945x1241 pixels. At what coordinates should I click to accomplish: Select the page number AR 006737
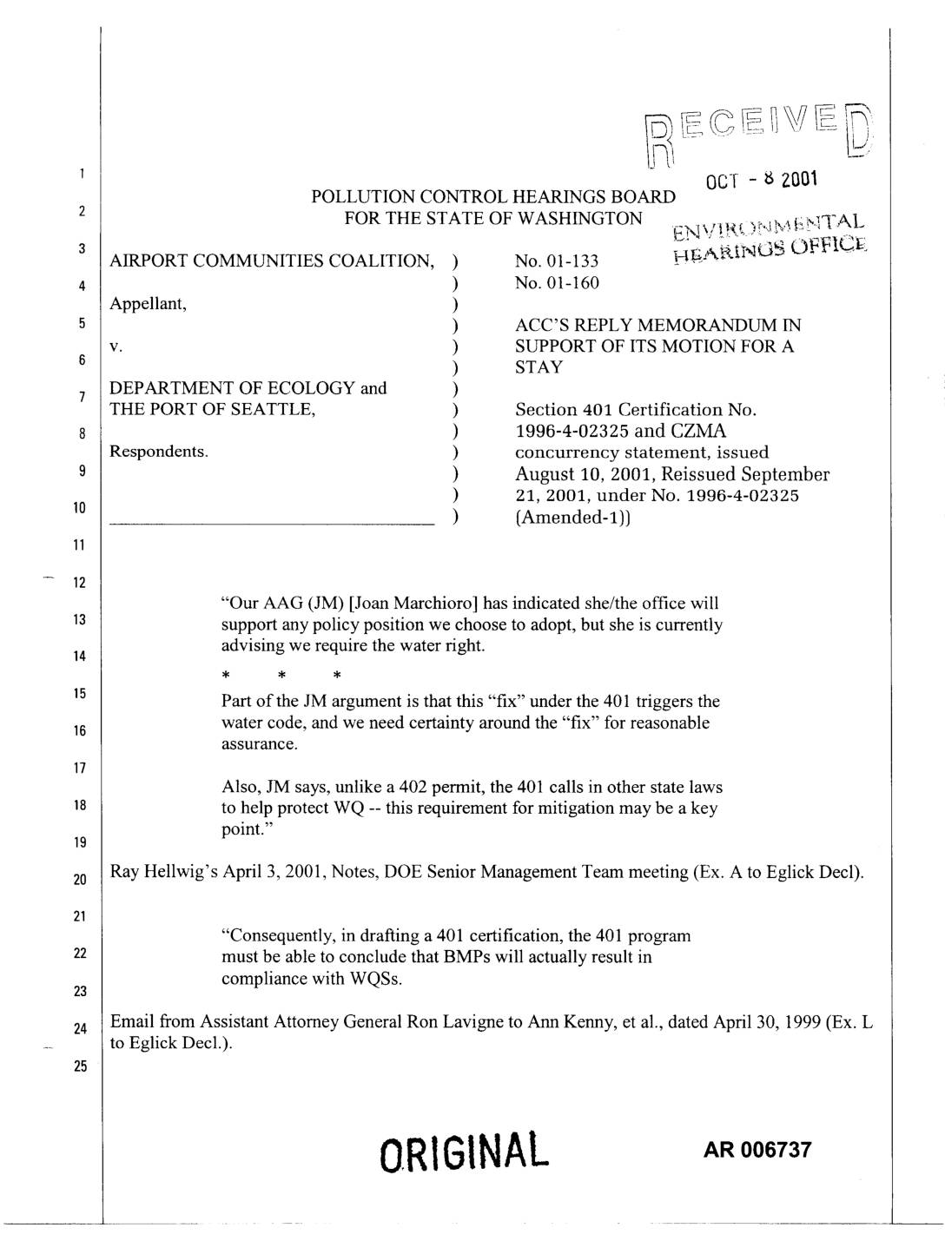757,1150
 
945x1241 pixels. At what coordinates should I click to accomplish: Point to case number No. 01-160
557,282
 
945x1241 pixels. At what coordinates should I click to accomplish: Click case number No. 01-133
557,261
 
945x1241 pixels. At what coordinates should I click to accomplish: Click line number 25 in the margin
80,1067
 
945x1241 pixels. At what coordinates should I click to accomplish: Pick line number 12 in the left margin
80,583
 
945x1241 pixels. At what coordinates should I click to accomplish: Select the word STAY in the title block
539,367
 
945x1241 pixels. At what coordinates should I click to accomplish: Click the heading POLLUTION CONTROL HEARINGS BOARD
492,197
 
